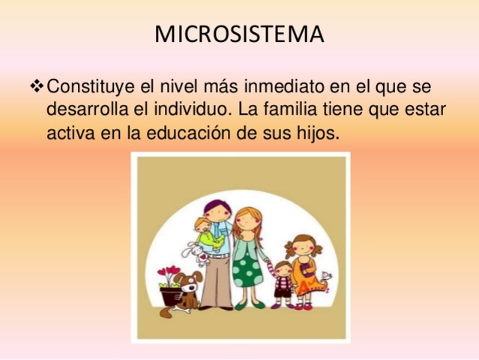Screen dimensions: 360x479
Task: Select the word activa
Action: [70, 133]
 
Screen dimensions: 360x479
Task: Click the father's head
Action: [216, 212]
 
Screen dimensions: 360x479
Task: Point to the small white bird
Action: [326, 281]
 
